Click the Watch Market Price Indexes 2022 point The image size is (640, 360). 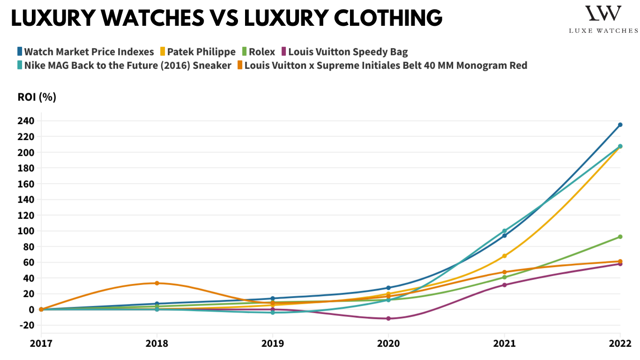pyautogui.click(x=620, y=125)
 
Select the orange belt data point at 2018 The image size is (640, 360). pyautogui.click(x=157, y=283)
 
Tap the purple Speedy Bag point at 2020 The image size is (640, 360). pyautogui.click(x=388, y=319)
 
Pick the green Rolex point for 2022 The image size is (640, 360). pyautogui.click(x=620, y=237)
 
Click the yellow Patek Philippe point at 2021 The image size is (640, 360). pyautogui.click(x=505, y=256)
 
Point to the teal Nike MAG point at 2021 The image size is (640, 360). pyautogui.click(x=505, y=231)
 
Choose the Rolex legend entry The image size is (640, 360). pyautogui.click(x=261, y=52)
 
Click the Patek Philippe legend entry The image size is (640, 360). pyautogui.click(x=201, y=52)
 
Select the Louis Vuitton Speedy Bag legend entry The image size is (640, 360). pyautogui.click(x=348, y=52)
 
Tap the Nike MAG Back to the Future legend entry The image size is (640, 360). pyautogui.click(x=127, y=65)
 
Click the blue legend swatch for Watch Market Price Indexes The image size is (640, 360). pyautogui.click(x=20, y=52)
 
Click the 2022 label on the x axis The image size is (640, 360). pyautogui.click(x=620, y=343)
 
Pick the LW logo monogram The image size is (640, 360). pyautogui.click(x=603, y=14)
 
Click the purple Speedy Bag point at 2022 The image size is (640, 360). pyautogui.click(x=620, y=264)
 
